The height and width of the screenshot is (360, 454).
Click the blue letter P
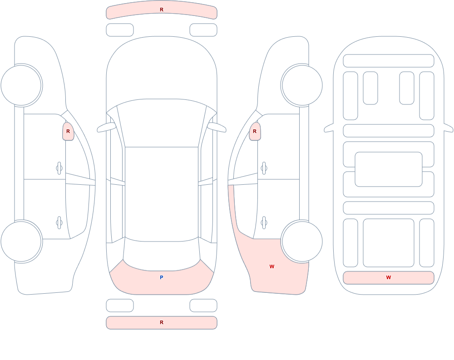pos(162,277)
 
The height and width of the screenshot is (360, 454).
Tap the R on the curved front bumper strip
pos(162,10)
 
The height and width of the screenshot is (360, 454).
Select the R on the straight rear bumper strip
pos(162,322)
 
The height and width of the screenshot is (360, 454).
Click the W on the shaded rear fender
pos(271,266)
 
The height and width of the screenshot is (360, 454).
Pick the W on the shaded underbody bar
pos(389,277)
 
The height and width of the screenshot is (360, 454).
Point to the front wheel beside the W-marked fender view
pos(301,85)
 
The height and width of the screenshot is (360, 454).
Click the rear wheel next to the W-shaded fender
pos(301,242)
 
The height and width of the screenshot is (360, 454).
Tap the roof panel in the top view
pos(162,193)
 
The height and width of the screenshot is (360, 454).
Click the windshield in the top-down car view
pos(162,123)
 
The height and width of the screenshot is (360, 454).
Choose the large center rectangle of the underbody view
pos(389,169)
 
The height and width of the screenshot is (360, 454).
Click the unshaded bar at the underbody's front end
pos(389,61)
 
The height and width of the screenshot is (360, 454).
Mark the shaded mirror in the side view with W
pos(255,131)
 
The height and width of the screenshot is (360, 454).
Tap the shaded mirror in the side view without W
pos(68,131)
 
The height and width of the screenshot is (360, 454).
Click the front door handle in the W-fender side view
pos(264,168)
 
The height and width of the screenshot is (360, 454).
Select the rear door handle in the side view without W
pos(59,223)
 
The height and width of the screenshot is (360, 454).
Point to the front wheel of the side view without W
pos(22,85)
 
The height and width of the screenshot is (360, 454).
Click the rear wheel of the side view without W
pos(22,242)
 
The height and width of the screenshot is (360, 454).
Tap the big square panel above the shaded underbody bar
pos(389,243)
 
